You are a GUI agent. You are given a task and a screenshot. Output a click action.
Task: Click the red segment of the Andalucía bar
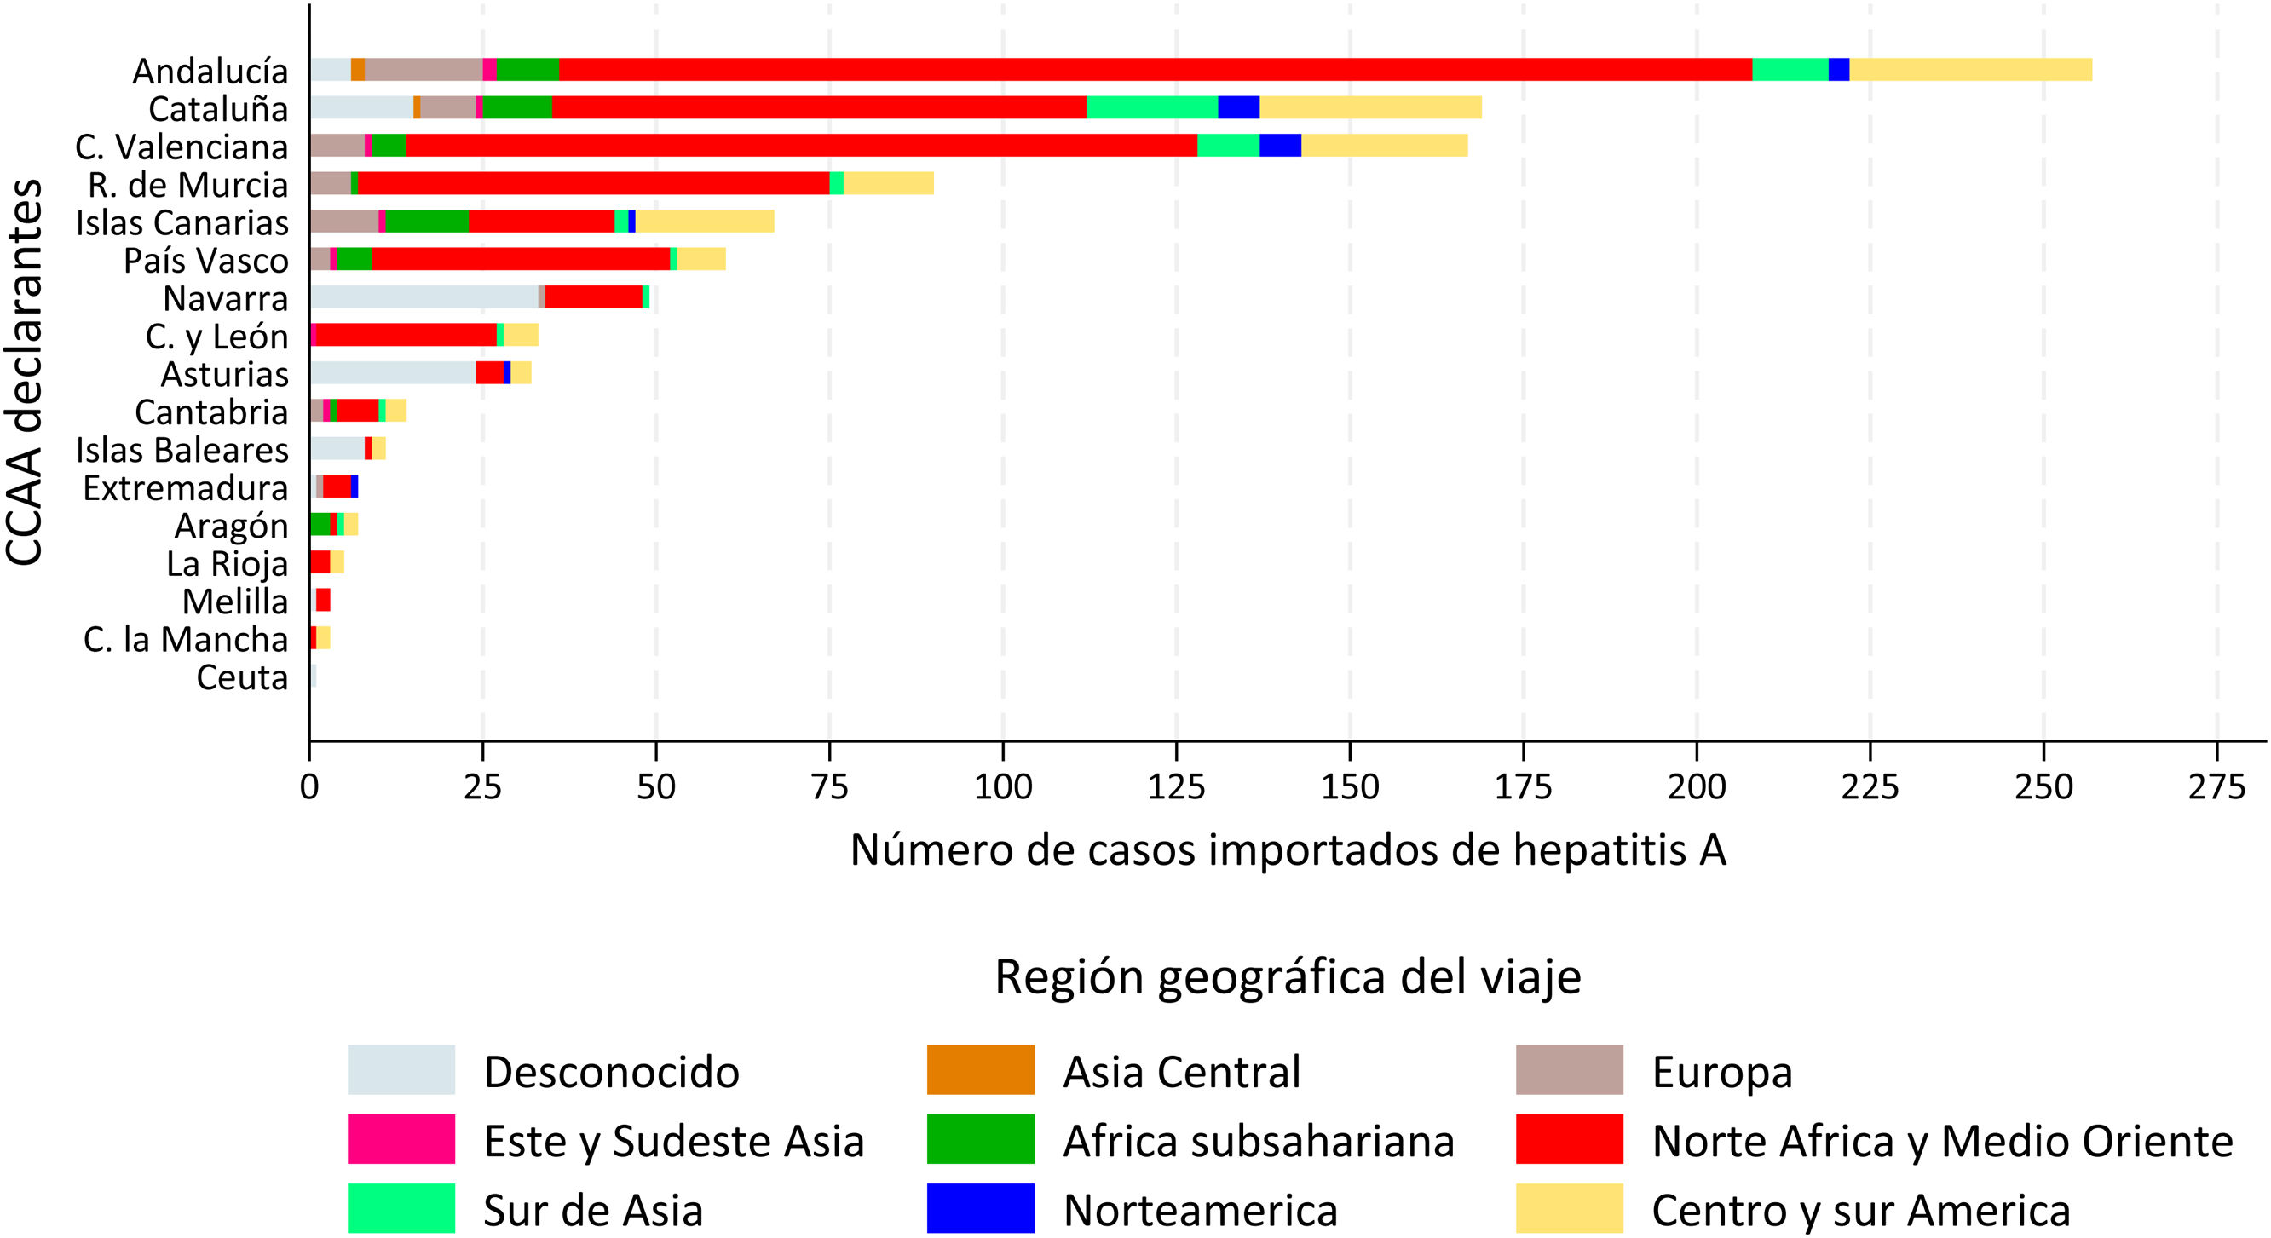pyautogui.click(x=1155, y=70)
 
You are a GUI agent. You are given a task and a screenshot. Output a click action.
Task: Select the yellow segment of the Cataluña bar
pyautogui.click(x=1370, y=107)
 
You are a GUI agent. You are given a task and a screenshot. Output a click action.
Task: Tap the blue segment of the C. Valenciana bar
pyautogui.click(x=1280, y=146)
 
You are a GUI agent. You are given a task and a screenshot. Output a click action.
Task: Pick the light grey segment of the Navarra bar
pyautogui.click(x=424, y=297)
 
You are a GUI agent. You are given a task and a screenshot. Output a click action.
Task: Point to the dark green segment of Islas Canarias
pyautogui.click(x=427, y=222)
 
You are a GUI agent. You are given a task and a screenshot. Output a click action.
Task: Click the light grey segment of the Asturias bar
pyautogui.click(x=392, y=373)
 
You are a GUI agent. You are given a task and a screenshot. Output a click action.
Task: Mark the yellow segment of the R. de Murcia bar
pyautogui.click(x=888, y=183)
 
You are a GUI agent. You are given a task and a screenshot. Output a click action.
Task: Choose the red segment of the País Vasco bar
pyautogui.click(x=520, y=259)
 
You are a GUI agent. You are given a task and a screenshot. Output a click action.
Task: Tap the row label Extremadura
pyautogui.click(x=185, y=487)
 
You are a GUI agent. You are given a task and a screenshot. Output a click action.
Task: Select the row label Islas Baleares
pyautogui.click(x=182, y=450)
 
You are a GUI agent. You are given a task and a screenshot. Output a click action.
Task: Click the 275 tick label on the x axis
pyautogui.click(x=2216, y=786)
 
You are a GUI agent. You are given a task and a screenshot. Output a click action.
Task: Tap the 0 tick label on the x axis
pyautogui.click(x=309, y=786)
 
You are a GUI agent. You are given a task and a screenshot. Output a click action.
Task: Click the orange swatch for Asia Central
pyautogui.click(x=980, y=1069)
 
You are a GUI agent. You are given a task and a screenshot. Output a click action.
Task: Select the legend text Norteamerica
pyautogui.click(x=1200, y=1210)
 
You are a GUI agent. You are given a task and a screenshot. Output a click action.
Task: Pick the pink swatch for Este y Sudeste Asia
pyautogui.click(x=401, y=1139)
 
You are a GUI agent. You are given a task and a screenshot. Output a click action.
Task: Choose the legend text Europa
pyautogui.click(x=1721, y=1072)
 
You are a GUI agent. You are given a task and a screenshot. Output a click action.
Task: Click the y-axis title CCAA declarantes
pyautogui.click(x=25, y=372)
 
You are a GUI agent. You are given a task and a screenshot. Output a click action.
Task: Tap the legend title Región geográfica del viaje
pyautogui.click(x=1287, y=977)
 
